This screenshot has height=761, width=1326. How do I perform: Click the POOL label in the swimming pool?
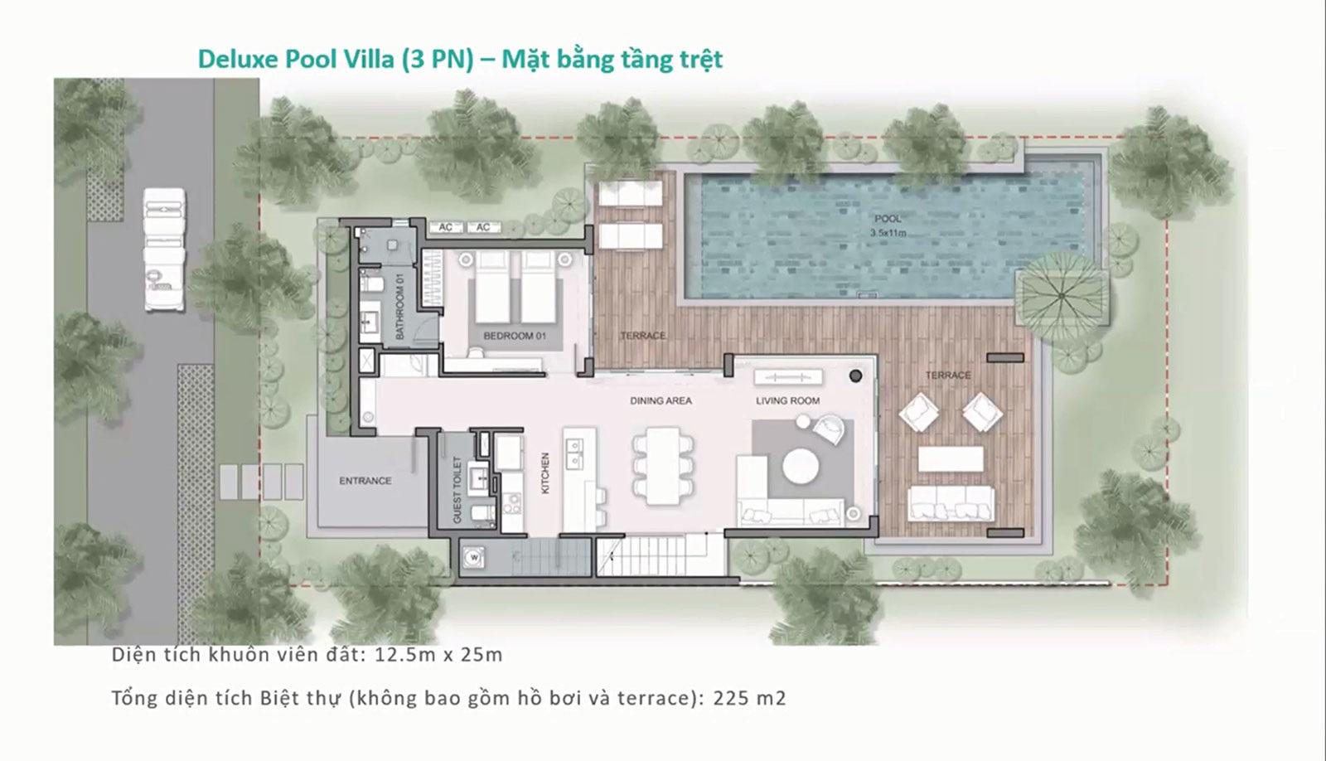pos(888,219)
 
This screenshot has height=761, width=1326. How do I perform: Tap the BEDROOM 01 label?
pos(515,336)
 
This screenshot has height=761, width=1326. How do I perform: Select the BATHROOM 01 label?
pos(399,306)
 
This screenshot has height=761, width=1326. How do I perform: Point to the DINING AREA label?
pos(661,401)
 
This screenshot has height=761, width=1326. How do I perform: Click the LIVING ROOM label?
pos(788,401)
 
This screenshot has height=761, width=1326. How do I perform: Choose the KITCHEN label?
pos(545,473)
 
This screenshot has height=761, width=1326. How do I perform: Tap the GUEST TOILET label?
pos(457,490)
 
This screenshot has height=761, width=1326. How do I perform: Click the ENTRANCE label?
pos(365,481)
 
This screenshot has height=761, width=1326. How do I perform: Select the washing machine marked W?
pos(474,558)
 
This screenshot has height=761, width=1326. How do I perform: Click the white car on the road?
pos(164,250)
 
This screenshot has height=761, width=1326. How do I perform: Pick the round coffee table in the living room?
pos(801,467)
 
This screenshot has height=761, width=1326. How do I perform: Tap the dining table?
pos(663,466)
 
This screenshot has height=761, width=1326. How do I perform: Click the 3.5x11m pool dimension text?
pos(888,233)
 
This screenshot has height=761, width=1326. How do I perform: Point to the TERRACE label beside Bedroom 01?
pos(643,336)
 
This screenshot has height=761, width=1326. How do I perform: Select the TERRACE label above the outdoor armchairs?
pos(948,376)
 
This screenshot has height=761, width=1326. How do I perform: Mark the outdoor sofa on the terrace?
pos(951,503)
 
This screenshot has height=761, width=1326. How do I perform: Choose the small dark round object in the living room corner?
pos(855,376)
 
